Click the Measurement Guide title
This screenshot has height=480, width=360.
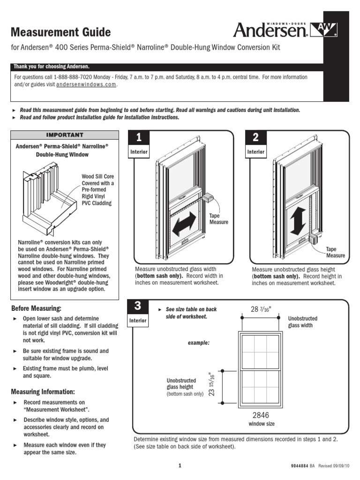pos(60,32)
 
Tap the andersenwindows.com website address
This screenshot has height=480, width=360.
pos(86,85)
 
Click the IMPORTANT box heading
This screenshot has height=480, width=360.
pos(65,135)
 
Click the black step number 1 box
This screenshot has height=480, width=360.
pos(139,137)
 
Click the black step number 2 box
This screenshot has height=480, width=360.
pos(256,137)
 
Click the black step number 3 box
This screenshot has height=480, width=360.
pos(137,306)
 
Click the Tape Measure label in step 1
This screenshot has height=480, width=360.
pos(219,219)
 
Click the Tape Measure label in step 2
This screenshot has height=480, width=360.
pos(335,252)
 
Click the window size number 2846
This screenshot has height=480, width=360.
pos(261,415)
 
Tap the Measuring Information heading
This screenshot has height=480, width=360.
pos(43,391)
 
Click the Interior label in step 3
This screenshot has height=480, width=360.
pos(139,321)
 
